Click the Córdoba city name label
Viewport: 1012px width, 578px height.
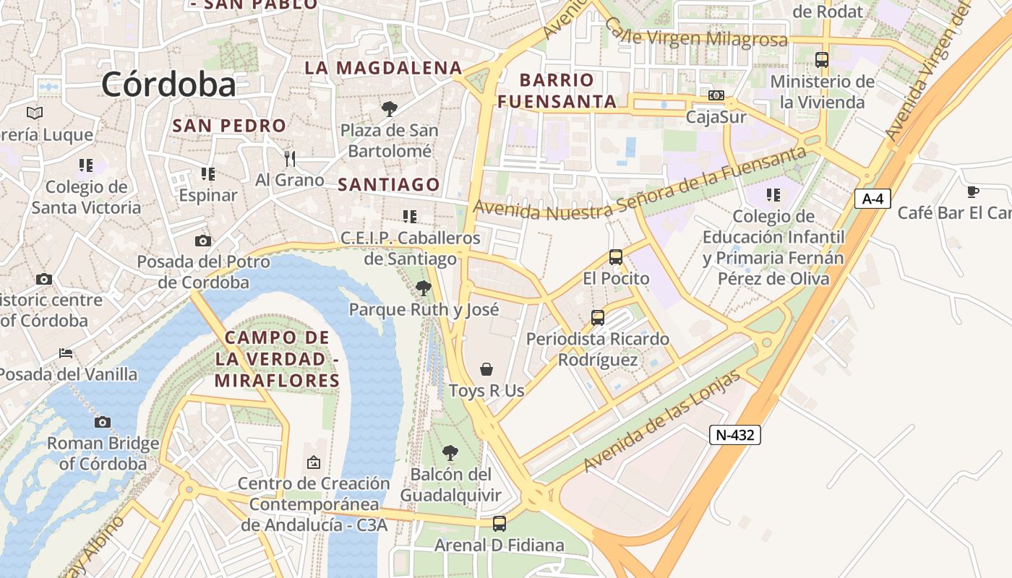[x=168, y=85]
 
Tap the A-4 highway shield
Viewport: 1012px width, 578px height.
[x=872, y=199]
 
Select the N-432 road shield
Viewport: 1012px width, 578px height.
[x=735, y=434]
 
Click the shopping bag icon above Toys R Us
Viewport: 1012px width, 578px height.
[x=487, y=370]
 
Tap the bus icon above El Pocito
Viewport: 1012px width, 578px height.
[x=616, y=257]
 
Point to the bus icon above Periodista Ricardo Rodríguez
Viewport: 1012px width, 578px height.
[x=598, y=318]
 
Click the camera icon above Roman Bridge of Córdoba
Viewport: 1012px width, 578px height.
[x=103, y=422]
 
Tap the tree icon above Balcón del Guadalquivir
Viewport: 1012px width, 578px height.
[x=450, y=453]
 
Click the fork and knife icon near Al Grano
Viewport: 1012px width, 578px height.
[x=290, y=159]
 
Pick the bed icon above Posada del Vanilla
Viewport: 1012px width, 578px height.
[x=66, y=353]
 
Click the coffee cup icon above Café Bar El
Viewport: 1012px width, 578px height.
[x=973, y=191]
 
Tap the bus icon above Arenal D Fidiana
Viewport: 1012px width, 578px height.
[x=499, y=524]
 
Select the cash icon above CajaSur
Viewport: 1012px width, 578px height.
[x=716, y=95]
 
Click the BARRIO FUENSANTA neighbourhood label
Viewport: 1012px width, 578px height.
[x=557, y=90]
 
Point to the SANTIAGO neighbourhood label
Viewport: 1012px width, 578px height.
[x=389, y=185]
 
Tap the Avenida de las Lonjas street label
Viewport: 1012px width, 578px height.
[x=663, y=421]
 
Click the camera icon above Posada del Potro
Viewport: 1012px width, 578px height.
[x=203, y=241]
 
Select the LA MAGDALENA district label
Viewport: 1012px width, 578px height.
[x=383, y=68]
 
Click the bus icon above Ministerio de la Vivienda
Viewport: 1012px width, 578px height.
[x=822, y=60]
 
